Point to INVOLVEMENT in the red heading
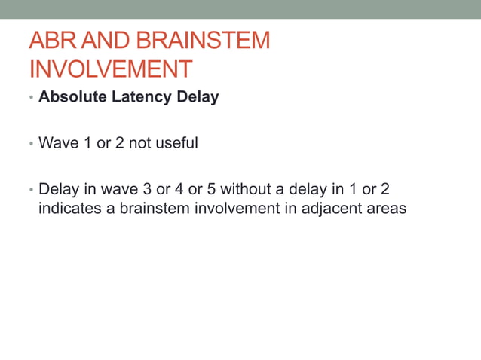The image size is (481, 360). pos(110,69)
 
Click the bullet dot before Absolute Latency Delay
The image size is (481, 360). pos(31,98)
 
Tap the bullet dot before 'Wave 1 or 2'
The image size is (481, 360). pos(31,143)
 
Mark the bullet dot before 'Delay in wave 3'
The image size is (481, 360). pos(31,190)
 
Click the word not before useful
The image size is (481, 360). pos(140,142)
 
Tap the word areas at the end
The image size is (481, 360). pos(386,209)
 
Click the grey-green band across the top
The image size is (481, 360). pos(240,9)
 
